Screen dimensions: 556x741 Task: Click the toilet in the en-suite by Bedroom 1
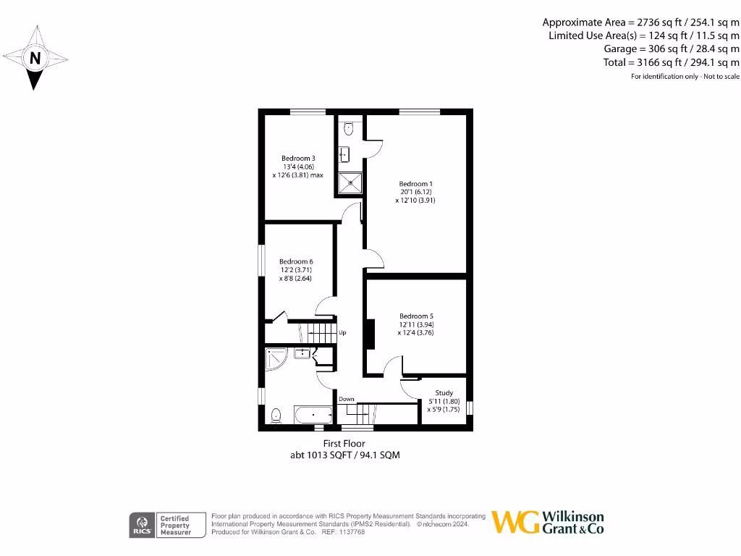[x=349, y=129]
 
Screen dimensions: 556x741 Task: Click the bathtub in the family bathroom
[x=313, y=416]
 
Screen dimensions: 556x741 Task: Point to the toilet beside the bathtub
[x=275, y=416]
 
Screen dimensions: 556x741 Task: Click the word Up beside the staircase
[x=342, y=333]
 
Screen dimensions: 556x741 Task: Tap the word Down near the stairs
[x=347, y=399]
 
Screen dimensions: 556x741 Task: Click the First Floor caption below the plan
[x=344, y=443]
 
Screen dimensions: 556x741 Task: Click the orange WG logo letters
[x=515, y=522]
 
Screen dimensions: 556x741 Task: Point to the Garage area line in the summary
[x=672, y=49]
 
